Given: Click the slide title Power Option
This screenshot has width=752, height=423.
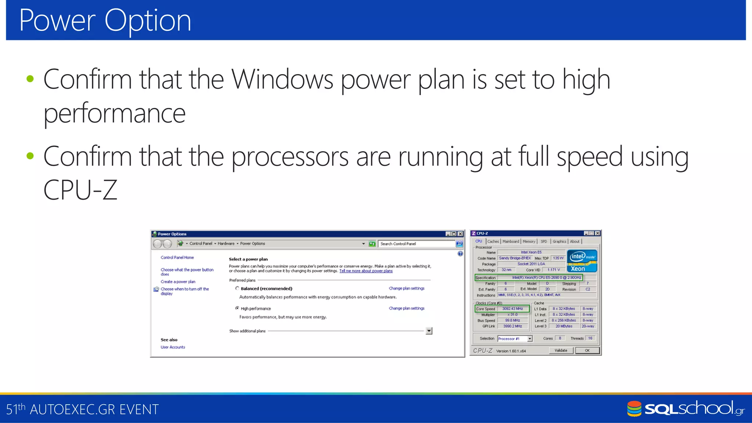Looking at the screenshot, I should tap(105, 21).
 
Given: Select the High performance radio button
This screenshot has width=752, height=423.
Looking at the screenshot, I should tap(237, 308).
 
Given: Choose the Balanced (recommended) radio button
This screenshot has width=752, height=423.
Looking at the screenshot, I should tap(237, 288).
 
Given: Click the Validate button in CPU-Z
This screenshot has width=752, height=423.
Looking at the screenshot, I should tap(561, 351).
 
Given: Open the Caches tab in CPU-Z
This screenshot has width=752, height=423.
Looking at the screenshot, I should tap(493, 242).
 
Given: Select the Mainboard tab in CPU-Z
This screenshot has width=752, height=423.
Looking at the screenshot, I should tap(511, 242).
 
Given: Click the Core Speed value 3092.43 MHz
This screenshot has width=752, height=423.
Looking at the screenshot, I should tap(513, 309).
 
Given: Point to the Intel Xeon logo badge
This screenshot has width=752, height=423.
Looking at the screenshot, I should tap(582, 261).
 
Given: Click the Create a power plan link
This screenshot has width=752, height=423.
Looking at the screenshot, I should tap(178, 282).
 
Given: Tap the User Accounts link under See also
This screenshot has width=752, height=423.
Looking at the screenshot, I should tap(173, 347).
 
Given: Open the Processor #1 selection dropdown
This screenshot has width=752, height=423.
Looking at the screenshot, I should tap(529, 339).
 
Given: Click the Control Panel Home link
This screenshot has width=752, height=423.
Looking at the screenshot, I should tap(177, 257).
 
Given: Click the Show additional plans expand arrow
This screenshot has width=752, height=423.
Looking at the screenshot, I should tap(429, 331).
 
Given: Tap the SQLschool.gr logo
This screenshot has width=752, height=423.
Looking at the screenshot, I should tap(686, 409).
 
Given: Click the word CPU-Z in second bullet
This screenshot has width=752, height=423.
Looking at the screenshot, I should tap(80, 190).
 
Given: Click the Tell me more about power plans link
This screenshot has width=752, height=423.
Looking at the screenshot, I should tap(366, 271).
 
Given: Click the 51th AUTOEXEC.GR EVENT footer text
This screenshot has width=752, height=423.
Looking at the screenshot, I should tap(82, 409).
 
